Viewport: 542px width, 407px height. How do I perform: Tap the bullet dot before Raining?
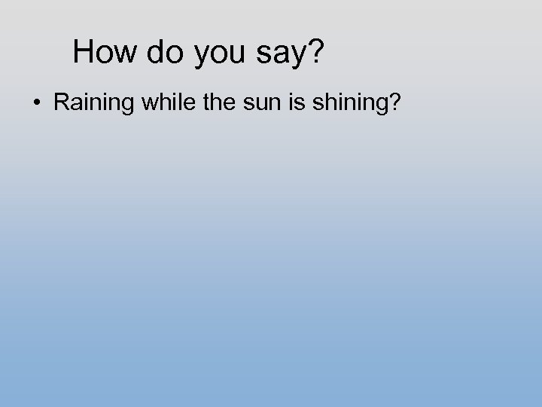pyautogui.click(x=38, y=103)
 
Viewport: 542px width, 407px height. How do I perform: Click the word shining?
pyautogui.click(x=349, y=103)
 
